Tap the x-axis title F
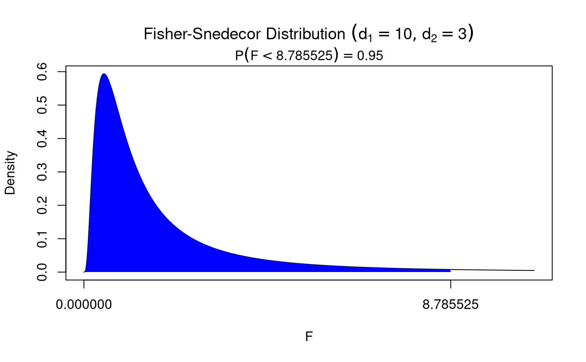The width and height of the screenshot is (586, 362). [x=309, y=337]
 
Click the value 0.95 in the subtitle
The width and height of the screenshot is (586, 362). [x=370, y=56]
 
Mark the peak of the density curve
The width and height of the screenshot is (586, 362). [x=104, y=74]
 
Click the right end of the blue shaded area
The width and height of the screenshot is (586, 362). [x=450, y=271]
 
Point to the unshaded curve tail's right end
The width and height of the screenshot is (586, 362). [x=534, y=270]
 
